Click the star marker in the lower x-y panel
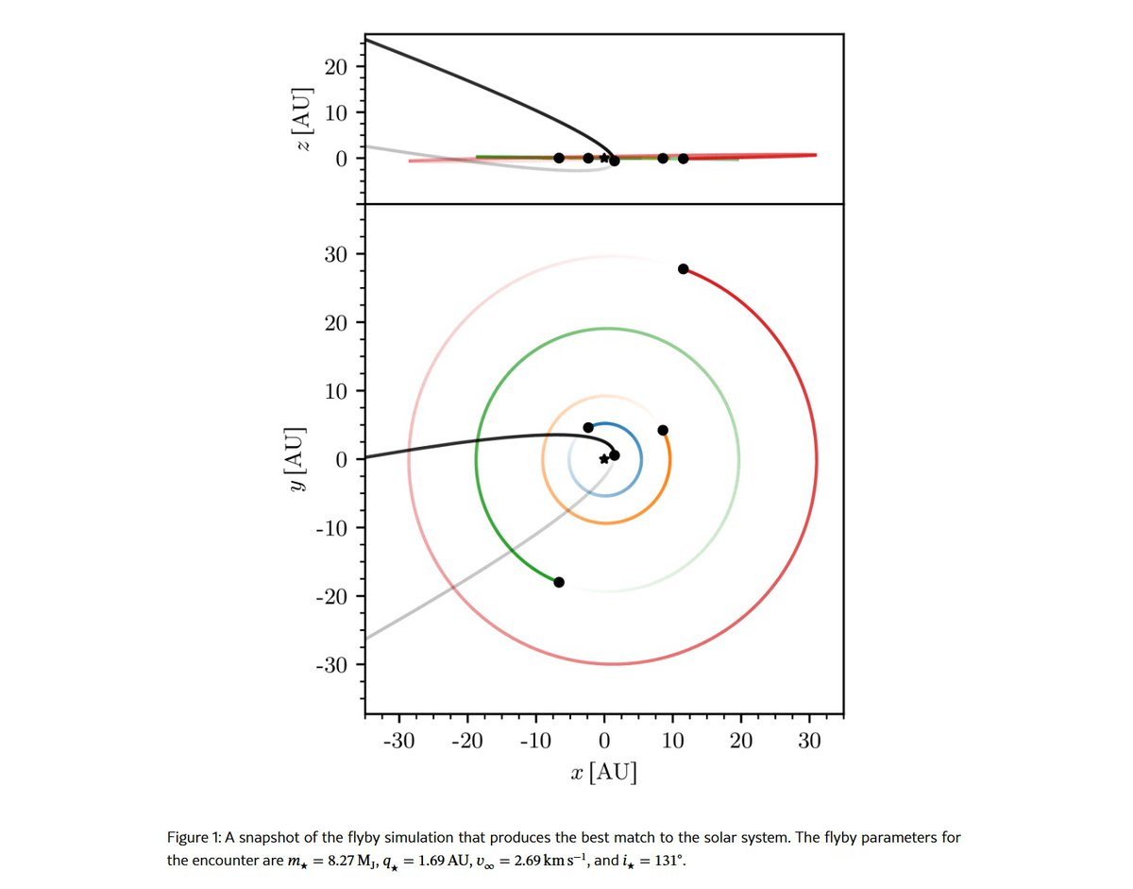(x=604, y=459)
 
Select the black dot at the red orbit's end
(x=684, y=269)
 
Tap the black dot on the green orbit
(x=559, y=582)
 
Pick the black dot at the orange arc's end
(x=663, y=430)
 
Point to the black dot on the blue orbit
(x=588, y=428)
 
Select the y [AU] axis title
(x=298, y=459)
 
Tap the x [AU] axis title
(x=604, y=773)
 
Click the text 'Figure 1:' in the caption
(x=194, y=838)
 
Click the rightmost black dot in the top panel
(x=684, y=159)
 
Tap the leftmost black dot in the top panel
(x=559, y=158)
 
